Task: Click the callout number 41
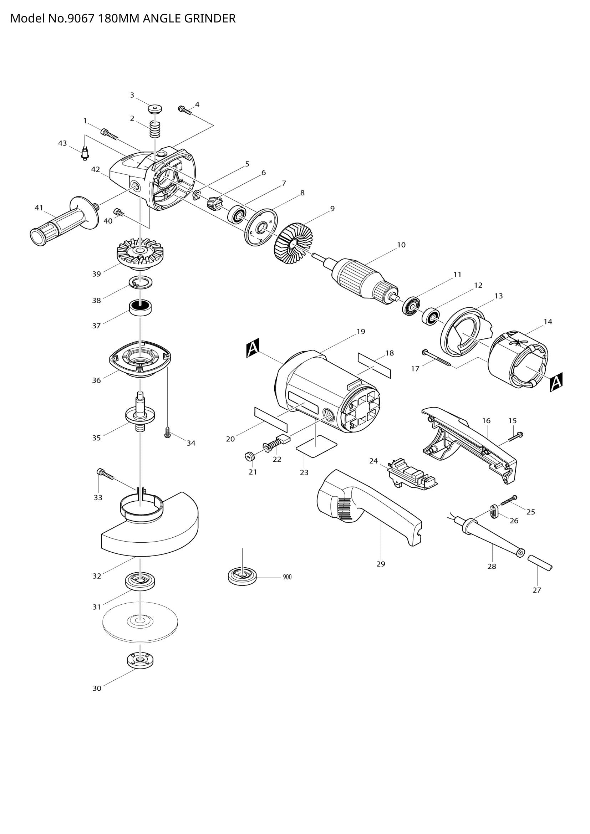pyautogui.click(x=39, y=208)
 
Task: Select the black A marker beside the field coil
pyautogui.click(x=556, y=382)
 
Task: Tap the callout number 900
pyautogui.click(x=287, y=577)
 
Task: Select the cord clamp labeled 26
pyautogui.click(x=493, y=512)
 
